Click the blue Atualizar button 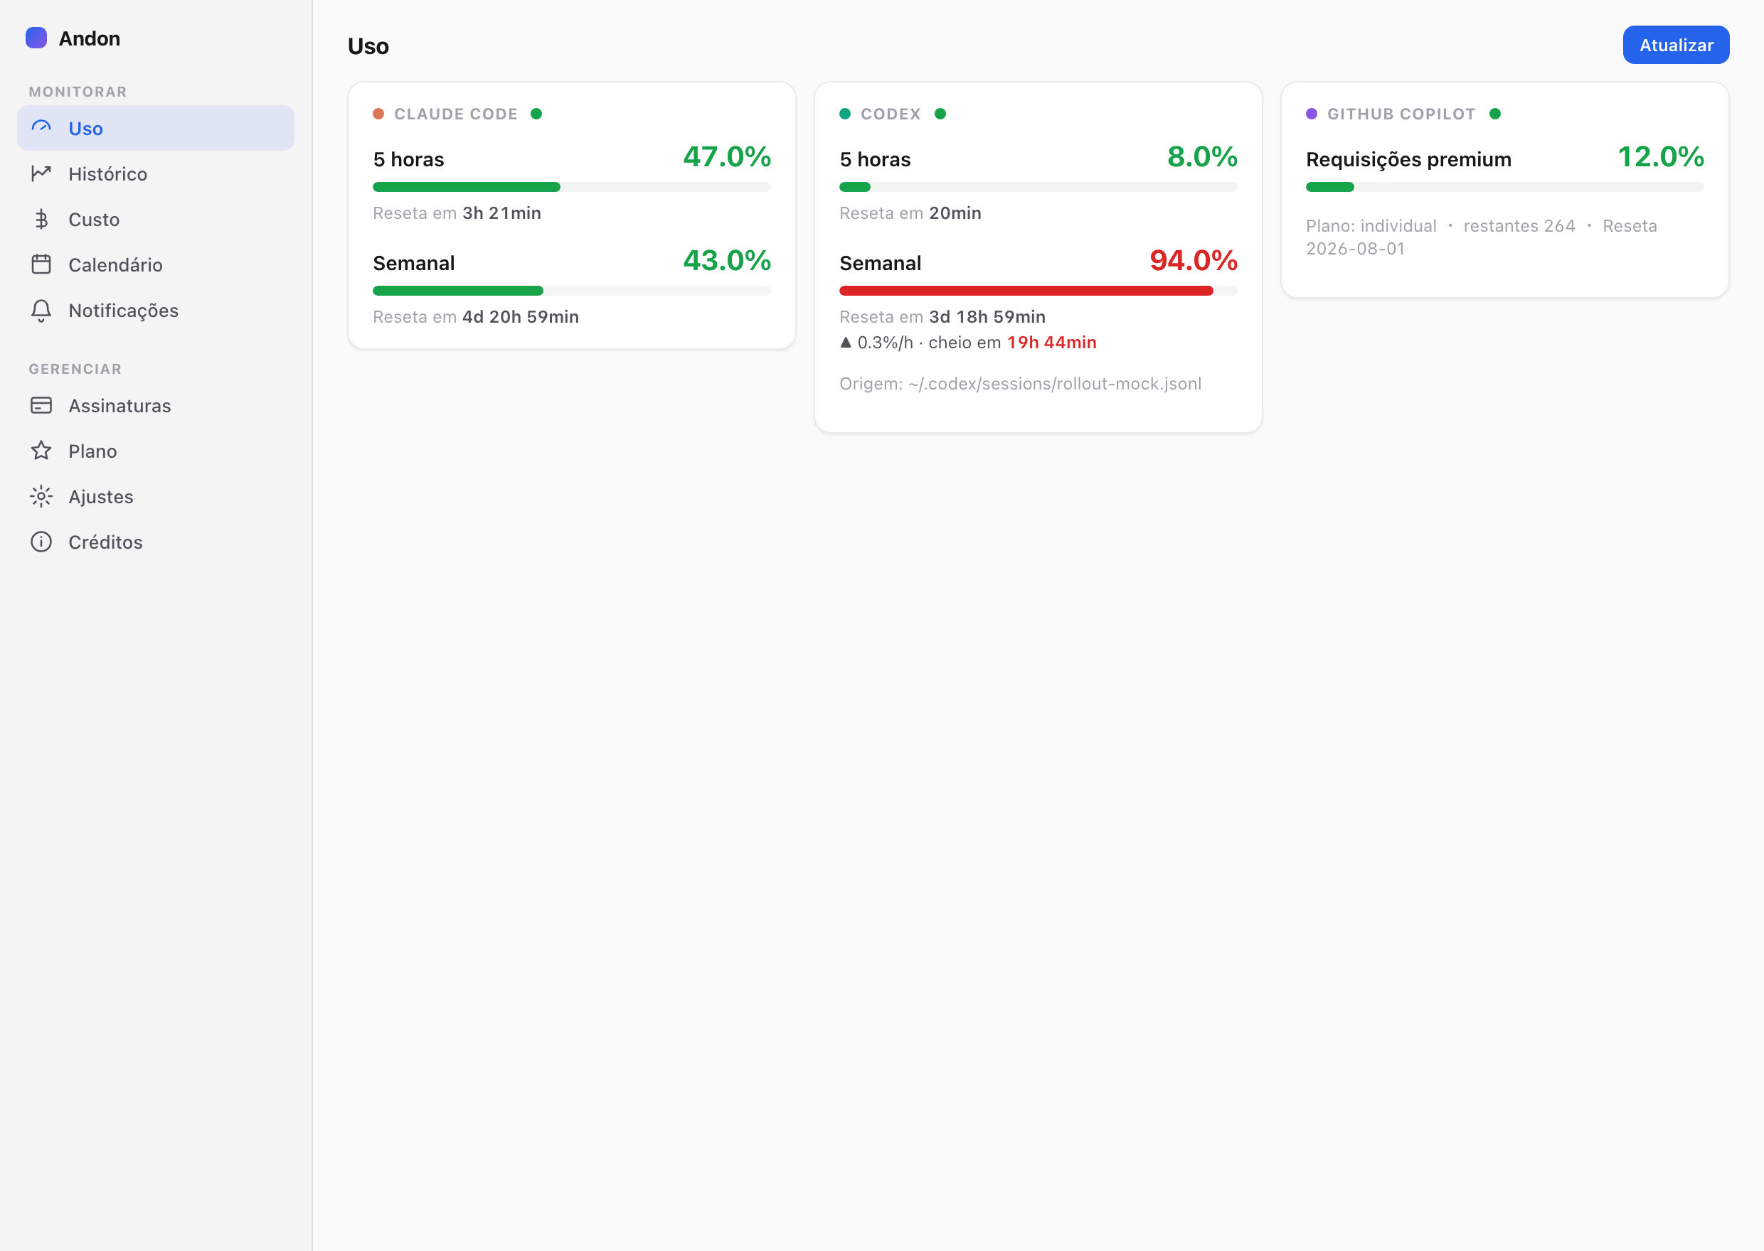pyautogui.click(x=1675, y=45)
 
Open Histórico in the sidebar pyautogui.click(x=107, y=174)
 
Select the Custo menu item pyautogui.click(x=93, y=220)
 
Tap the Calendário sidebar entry pyautogui.click(x=115, y=265)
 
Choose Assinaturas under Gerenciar pyautogui.click(x=119, y=406)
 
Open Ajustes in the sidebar pyautogui.click(x=100, y=497)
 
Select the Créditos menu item pyautogui.click(x=105, y=542)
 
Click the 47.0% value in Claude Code pyautogui.click(x=727, y=157)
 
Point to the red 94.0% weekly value pyautogui.click(x=1193, y=261)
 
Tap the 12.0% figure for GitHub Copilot pyautogui.click(x=1660, y=157)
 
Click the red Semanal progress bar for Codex pyautogui.click(x=1026, y=291)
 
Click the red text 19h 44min pyautogui.click(x=1051, y=343)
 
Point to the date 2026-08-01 pyautogui.click(x=1355, y=249)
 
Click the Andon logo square pyautogui.click(x=36, y=38)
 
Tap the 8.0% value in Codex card pyautogui.click(x=1202, y=157)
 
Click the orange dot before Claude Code pyautogui.click(x=378, y=114)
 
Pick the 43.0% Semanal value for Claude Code pyautogui.click(x=727, y=261)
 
